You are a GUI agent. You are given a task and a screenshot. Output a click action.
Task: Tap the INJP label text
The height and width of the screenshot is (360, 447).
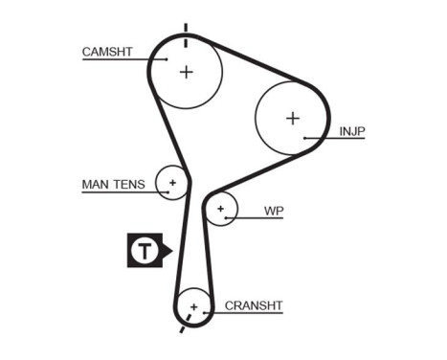point(352,131)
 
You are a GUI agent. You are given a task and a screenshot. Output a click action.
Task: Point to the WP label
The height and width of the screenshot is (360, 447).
point(274,210)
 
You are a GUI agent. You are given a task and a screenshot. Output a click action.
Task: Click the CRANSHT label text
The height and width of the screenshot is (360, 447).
point(254,306)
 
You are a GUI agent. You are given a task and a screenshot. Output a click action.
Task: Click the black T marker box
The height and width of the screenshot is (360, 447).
point(144,251)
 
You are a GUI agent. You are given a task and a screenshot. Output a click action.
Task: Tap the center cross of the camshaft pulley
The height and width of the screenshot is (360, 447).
point(187,70)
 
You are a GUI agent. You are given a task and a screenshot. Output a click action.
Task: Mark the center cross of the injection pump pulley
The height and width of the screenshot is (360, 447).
point(293,118)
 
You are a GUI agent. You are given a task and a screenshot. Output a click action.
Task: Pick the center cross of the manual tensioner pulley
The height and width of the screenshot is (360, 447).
point(173,180)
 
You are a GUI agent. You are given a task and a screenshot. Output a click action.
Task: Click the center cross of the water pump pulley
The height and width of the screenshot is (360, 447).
point(221,207)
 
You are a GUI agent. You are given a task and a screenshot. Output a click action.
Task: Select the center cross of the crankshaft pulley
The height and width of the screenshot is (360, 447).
point(194,306)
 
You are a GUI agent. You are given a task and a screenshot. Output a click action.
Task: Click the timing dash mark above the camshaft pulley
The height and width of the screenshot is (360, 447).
point(186,28)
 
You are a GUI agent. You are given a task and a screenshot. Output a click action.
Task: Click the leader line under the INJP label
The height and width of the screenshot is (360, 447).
point(335,140)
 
